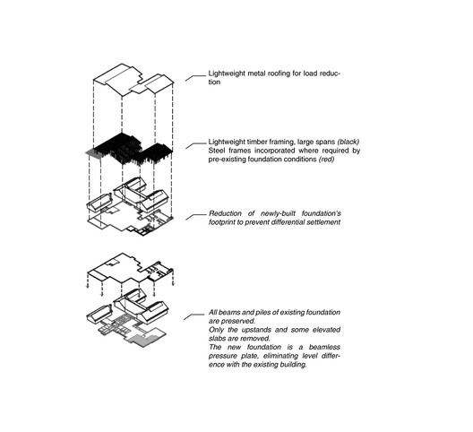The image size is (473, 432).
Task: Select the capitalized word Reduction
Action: pyautogui.click(x=227, y=213)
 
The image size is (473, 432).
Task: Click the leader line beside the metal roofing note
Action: pyautogui.click(x=194, y=76)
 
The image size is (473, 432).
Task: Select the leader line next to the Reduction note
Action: pyautogui.click(x=194, y=216)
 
